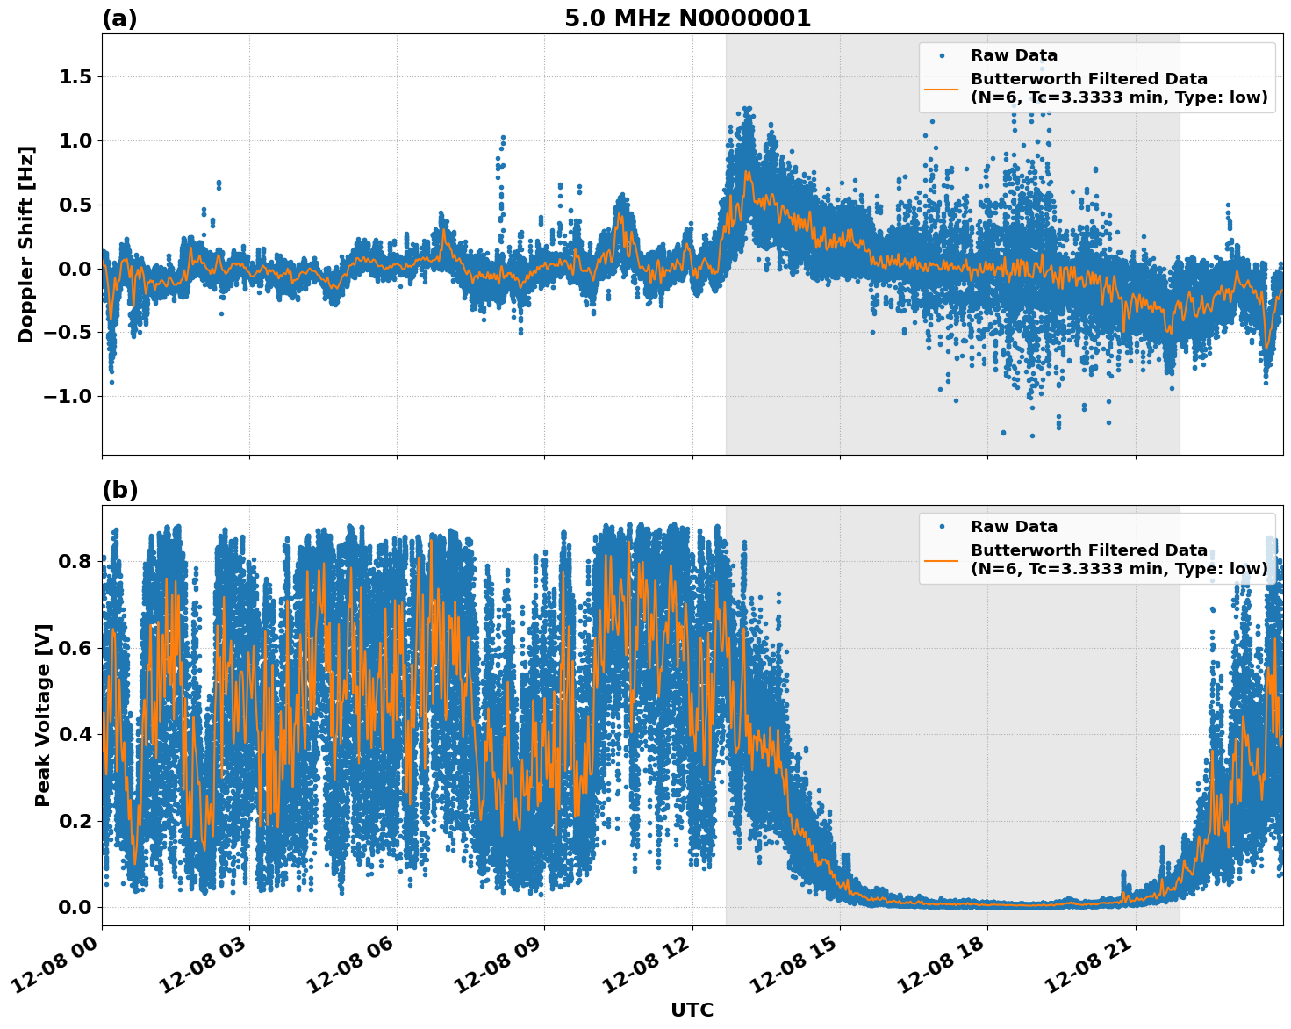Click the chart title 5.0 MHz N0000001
tap(687, 18)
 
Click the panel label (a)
tap(119, 18)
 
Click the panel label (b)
tap(120, 490)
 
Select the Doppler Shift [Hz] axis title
tap(26, 244)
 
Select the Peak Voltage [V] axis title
tap(43, 715)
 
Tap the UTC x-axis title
tap(692, 1010)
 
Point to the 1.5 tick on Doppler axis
tap(75, 77)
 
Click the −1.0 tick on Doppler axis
tap(69, 396)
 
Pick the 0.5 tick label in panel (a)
tap(75, 205)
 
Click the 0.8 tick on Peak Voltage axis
tap(75, 561)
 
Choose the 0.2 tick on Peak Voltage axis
tap(75, 821)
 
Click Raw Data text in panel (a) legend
tap(1014, 55)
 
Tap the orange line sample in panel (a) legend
tap(941, 88)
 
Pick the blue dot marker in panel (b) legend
tap(941, 527)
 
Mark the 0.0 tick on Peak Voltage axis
tap(75, 907)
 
